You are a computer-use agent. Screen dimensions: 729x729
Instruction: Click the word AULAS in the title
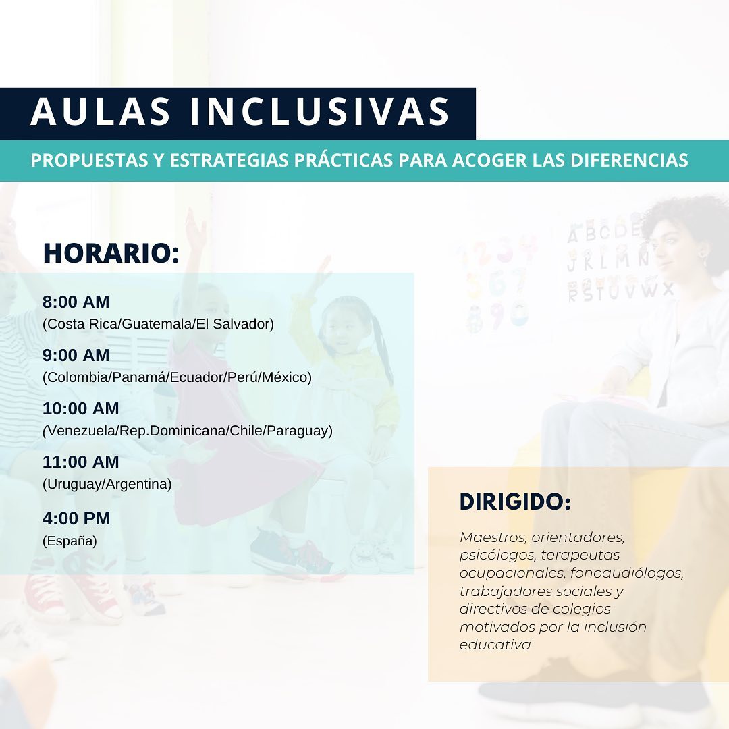[x=101, y=111]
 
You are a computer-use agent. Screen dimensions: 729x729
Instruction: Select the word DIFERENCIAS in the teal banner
[x=629, y=160]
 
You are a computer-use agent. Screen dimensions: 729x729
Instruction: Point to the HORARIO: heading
[x=111, y=253]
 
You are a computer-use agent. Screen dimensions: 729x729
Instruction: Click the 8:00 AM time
[x=76, y=302]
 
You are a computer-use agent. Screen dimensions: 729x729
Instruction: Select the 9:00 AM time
[x=76, y=356]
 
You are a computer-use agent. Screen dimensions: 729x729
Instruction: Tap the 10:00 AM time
[x=81, y=409]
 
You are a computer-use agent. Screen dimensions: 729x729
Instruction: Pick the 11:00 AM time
[x=81, y=462]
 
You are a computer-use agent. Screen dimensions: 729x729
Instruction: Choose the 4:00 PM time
[x=77, y=519]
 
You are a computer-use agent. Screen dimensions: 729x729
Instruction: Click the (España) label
[x=70, y=541]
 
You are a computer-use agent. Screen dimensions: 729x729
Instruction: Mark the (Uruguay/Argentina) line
[x=107, y=485]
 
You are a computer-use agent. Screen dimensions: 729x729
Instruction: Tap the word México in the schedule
[x=285, y=377]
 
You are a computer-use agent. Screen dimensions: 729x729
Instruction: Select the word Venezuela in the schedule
[x=81, y=431]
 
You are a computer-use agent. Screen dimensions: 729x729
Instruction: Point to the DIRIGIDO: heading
[x=515, y=502]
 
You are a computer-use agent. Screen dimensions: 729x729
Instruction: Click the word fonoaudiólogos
[x=626, y=574]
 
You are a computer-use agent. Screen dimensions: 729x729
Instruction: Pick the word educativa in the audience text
[x=495, y=645]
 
